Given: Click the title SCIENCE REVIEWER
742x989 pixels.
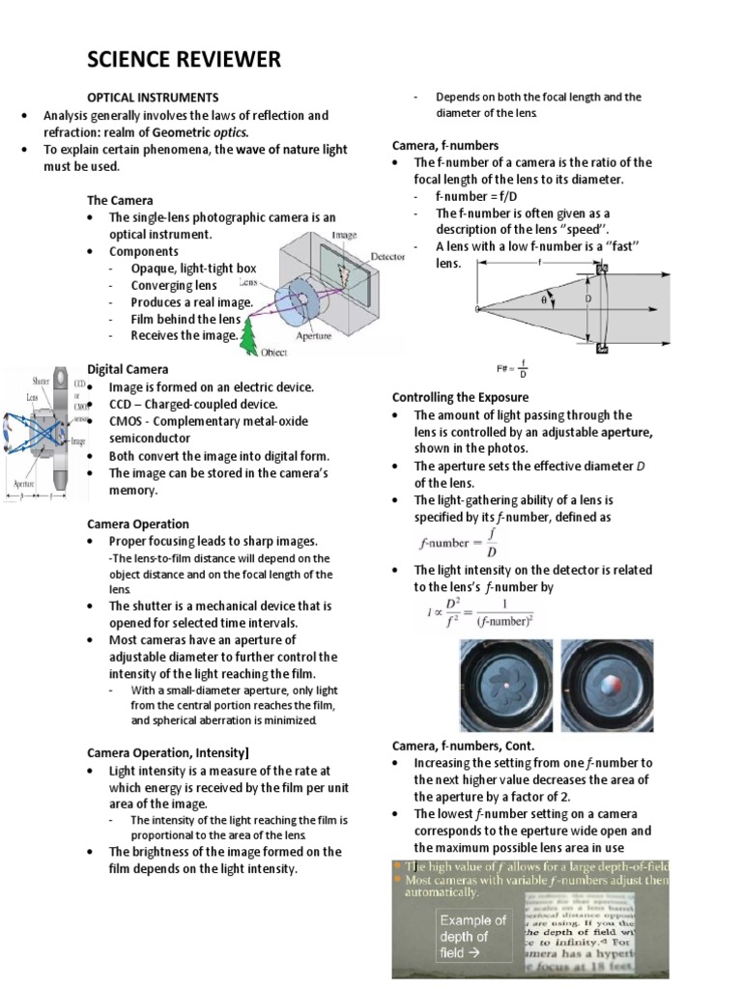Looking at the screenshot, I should (x=184, y=60).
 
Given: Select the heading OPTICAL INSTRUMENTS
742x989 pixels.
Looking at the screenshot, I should (x=153, y=98).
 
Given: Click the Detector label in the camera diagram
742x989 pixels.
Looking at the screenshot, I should (x=359, y=258).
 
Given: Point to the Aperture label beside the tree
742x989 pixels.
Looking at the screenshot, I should (x=315, y=336).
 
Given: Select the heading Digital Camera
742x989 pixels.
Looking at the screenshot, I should (x=128, y=369).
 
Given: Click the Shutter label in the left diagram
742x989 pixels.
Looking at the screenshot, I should (x=42, y=381).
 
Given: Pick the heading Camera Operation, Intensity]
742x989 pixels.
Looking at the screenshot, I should (x=169, y=752).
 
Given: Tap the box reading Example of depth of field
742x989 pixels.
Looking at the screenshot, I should (x=473, y=936).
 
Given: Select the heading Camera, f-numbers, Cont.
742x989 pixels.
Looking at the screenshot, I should (x=463, y=746).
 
